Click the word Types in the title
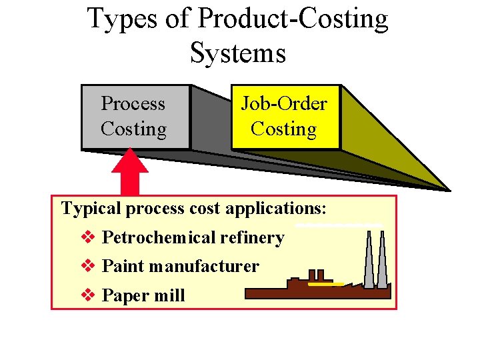pyautogui.click(x=119, y=19)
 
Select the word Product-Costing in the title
pyautogui.click(x=293, y=19)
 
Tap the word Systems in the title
pyautogui.click(x=238, y=53)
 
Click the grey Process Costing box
pyautogui.click(x=135, y=117)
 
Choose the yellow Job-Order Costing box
pyautogui.click(x=285, y=117)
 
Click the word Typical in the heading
pyautogui.click(x=91, y=209)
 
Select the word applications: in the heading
pyautogui.click(x=276, y=209)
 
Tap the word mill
pyautogui.click(x=170, y=295)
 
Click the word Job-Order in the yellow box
pyautogui.click(x=284, y=104)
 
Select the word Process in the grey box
pyautogui.click(x=133, y=104)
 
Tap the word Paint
pyautogui.click(x=123, y=266)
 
